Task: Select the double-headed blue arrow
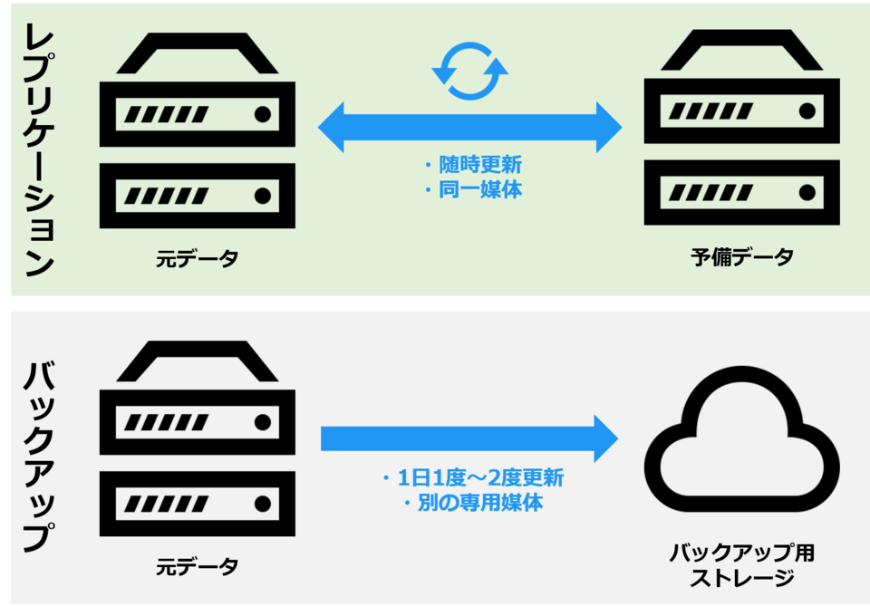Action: (x=469, y=128)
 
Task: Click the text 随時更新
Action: (x=478, y=165)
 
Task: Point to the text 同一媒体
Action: (x=478, y=191)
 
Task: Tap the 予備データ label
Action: (x=741, y=257)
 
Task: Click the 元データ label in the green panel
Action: (x=197, y=259)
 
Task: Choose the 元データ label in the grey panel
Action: (x=197, y=567)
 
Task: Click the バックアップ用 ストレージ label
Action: (x=741, y=565)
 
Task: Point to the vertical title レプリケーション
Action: (x=37, y=149)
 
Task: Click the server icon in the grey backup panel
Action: (x=197, y=439)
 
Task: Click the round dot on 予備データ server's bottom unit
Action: (x=806, y=192)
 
